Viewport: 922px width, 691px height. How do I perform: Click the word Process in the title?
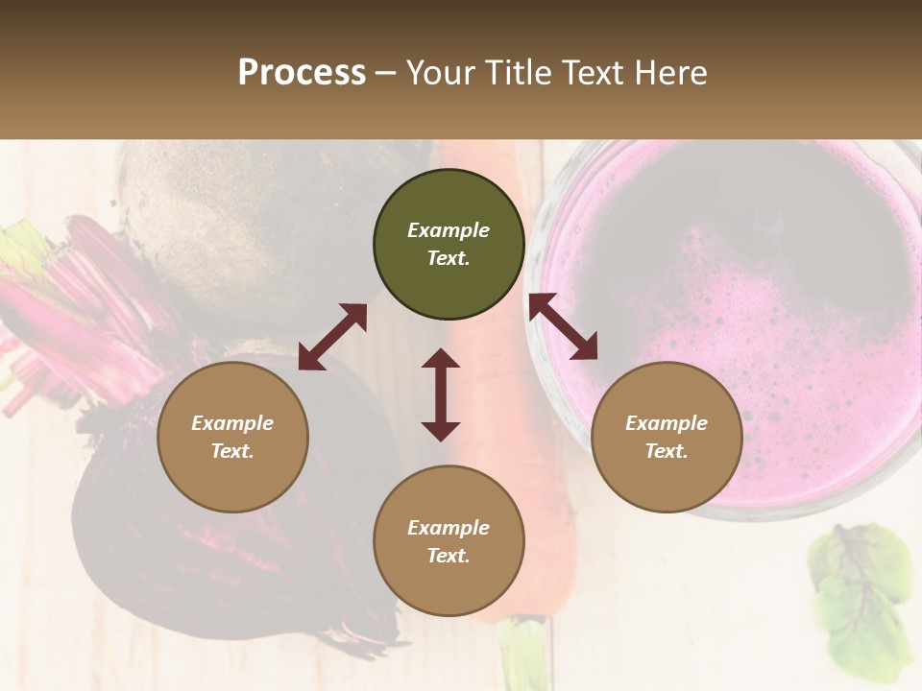pyautogui.click(x=302, y=73)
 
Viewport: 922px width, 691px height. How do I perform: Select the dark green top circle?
pyautogui.click(x=449, y=244)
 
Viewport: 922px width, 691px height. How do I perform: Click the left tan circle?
pyautogui.click(x=232, y=437)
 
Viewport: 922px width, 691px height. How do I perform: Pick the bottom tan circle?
pyautogui.click(x=449, y=541)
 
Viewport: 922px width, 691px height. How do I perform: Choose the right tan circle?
pyautogui.click(x=667, y=437)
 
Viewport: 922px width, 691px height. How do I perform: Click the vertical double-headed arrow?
pyautogui.click(x=441, y=394)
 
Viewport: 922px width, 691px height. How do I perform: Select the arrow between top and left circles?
pyautogui.click(x=332, y=337)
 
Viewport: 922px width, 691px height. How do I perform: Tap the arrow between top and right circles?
pyautogui.click(x=563, y=326)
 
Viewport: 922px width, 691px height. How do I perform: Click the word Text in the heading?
pyautogui.click(x=595, y=73)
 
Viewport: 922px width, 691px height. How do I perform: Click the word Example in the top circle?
pyautogui.click(x=449, y=230)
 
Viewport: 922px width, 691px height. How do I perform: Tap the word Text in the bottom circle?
pyautogui.click(x=449, y=556)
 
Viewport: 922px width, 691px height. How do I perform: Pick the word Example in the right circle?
pyautogui.click(x=667, y=423)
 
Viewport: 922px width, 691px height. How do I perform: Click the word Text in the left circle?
pyautogui.click(x=232, y=451)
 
